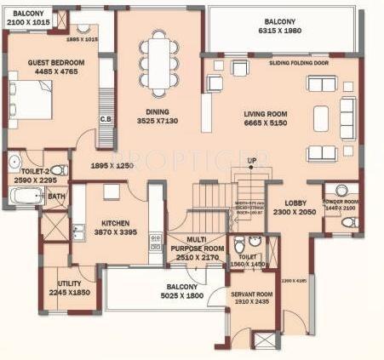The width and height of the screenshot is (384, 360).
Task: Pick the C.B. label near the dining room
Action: (x=106, y=118)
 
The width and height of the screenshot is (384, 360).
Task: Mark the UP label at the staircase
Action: (x=251, y=162)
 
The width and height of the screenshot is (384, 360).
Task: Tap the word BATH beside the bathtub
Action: (x=56, y=197)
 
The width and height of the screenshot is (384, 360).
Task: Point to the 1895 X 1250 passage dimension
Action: (x=115, y=165)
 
